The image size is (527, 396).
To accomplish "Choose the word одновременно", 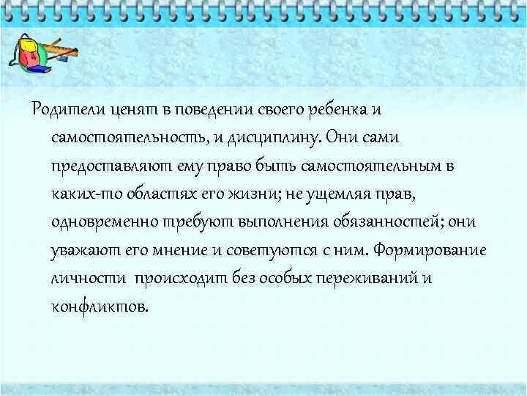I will point(98,222).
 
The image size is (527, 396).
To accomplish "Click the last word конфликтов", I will point(98,306).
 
